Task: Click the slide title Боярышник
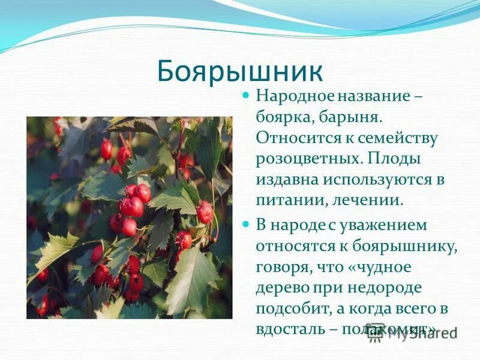click(x=240, y=71)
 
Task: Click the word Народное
click(x=291, y=95)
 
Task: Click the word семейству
click(x=398, y=137)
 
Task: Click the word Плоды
click(x=393, y=159)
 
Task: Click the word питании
click(x=284, y=202)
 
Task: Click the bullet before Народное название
click(x=245, y=95)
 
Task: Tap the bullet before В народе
click(x=245, y=224)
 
